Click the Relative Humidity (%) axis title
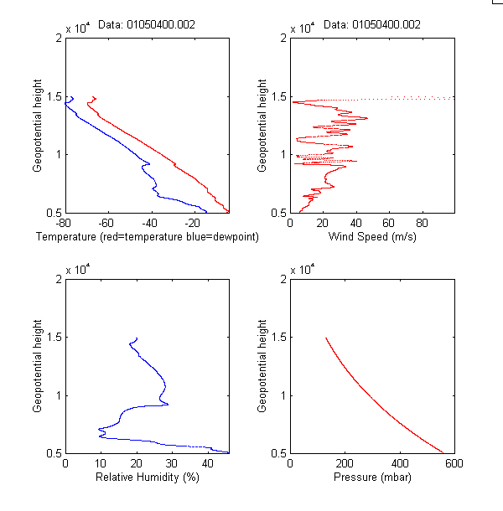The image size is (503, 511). pos(147,478)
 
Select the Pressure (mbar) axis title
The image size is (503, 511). pos(371,478)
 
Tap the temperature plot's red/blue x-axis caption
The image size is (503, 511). pos(147,238)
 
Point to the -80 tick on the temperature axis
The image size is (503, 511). pos(62,224)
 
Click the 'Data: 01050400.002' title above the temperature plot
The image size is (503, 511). pos(147,25)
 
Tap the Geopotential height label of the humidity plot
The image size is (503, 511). pos(39,365)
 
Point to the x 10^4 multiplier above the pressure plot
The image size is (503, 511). pos(302,269)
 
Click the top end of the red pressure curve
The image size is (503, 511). pos(326,338)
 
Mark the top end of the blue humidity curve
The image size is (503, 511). pos(136,338)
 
